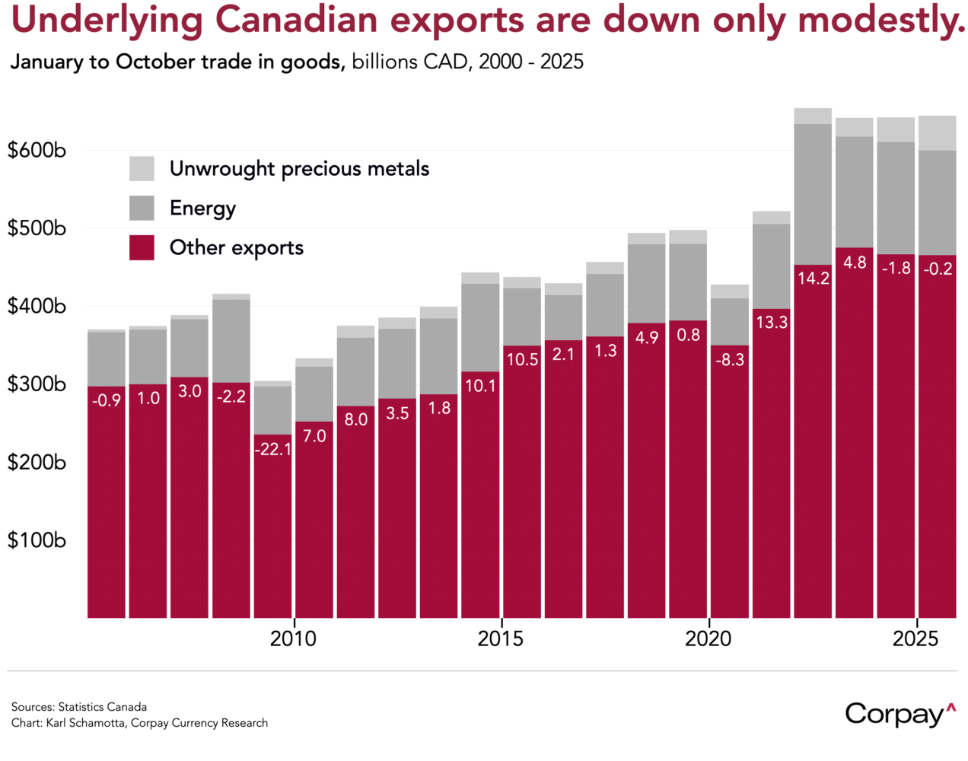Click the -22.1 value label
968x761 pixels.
pyautogui.click(x=272, y=450)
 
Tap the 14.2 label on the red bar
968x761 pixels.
pyautogui.click(x=813, y=279)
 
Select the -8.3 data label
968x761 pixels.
pyautogui.click(x=730, y=360)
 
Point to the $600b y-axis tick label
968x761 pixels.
pyautogui.click(x=37, y=150)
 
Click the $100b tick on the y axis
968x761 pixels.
pyautogui.click(x=37, y=540)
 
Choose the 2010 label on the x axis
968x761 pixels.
pyautogui.click(x=293, y=638)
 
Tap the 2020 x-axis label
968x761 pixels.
pyautogui.click(x=708, y=638)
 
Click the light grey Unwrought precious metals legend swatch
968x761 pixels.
pyautogui.click(x=142, y=168)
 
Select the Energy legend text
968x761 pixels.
pyautogui.click(x=202, y=208)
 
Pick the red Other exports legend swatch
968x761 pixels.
pyautogui.click(x=142, y=247)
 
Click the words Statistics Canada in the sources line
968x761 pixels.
pyautogui.click(x=102, y=707)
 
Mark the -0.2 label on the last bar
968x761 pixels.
pyautogui.click(x=938, y=269)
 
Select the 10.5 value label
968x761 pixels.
pyautogui.click(x=522, y=360)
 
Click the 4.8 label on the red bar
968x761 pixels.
pyautogui.click(x=855, y=263)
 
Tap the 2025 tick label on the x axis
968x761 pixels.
pyautogui.click(x=915, y=638)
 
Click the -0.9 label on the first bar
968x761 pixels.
pyautogui.click(x=107, y=400)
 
